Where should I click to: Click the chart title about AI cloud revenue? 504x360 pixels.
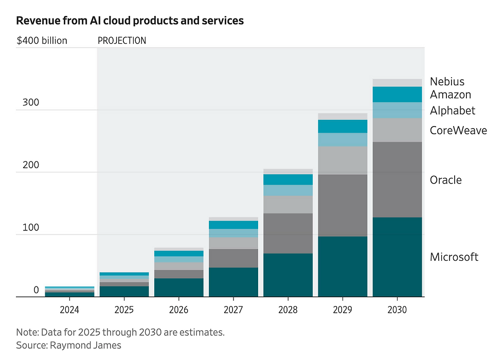coord(130,21)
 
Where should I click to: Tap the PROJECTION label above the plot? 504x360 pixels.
coord(122,41)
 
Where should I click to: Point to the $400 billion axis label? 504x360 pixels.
coord(42,41)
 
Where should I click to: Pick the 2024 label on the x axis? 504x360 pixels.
coord(69,310)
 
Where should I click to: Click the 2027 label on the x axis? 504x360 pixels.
coord(233,310)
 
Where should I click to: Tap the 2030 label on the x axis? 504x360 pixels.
coord(397,310)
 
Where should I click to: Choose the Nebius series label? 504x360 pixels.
coord(447,81)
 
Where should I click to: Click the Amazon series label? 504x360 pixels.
coord(451,95)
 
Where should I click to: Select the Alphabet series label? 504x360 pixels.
coord(453,111)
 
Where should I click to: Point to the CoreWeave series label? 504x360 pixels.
coord(458,131)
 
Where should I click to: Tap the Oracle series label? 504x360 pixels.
coord(446,180)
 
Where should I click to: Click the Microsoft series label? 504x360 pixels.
coord(454,257)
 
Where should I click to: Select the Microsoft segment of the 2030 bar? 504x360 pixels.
coord(397,257)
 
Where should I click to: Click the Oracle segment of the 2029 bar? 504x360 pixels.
coord(343,205)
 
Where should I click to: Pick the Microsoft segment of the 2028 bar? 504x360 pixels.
coord(288,275)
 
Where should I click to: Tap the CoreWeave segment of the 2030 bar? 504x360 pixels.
coord(397,130)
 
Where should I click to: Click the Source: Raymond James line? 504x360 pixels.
coord(68,345)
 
